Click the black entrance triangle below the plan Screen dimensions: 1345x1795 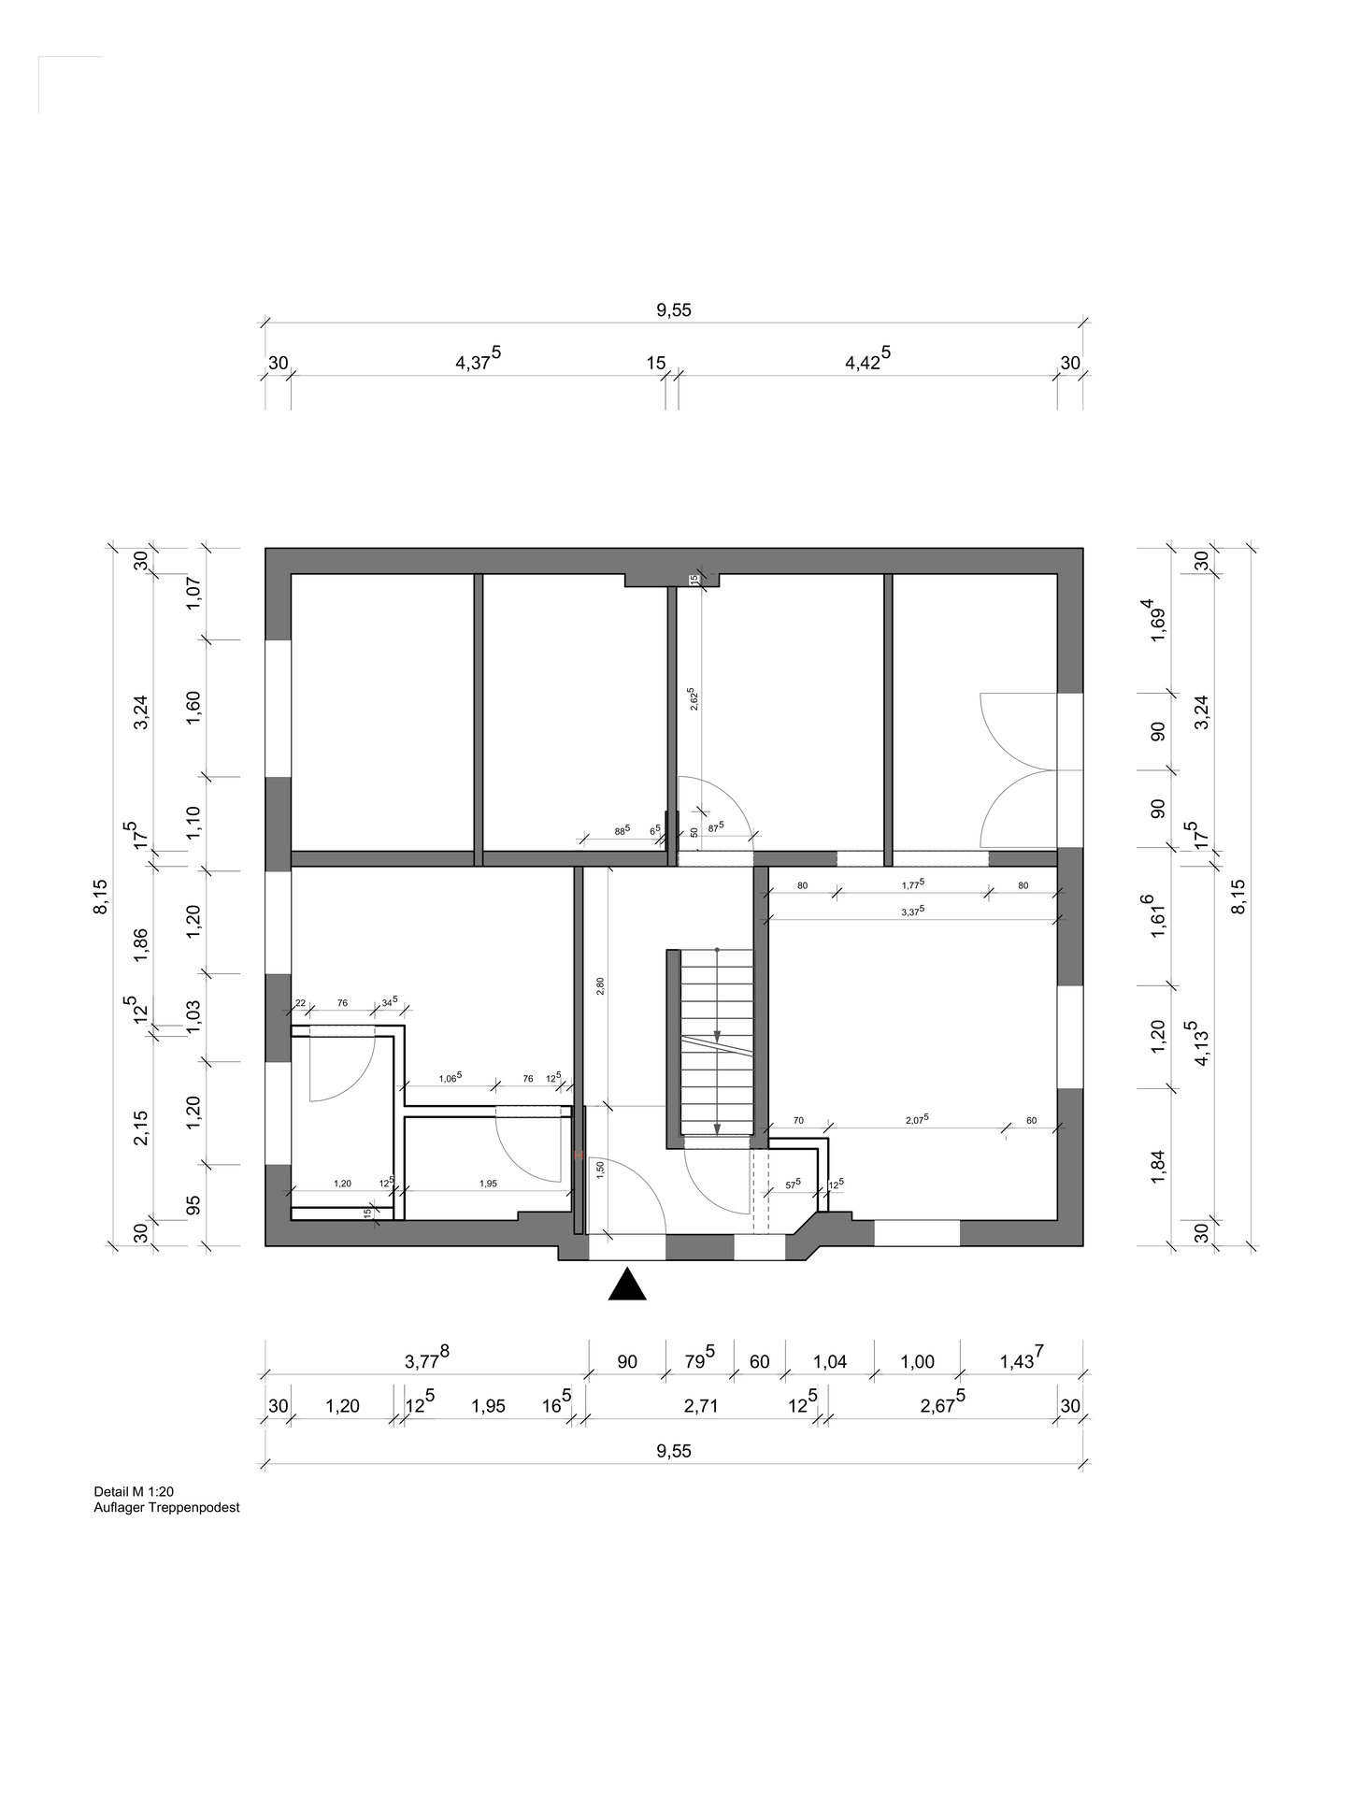click(627, 1285)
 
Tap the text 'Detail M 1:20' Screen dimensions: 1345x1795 click(128, 1491)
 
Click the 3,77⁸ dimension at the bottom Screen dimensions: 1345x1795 click(427, 1359)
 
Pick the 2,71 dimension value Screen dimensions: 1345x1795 click(700, 1406)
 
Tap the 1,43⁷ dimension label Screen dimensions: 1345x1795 click(1022, 1359)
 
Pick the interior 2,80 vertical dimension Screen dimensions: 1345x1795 click(600, 987)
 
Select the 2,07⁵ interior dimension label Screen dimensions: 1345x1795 click(917, 1118)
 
